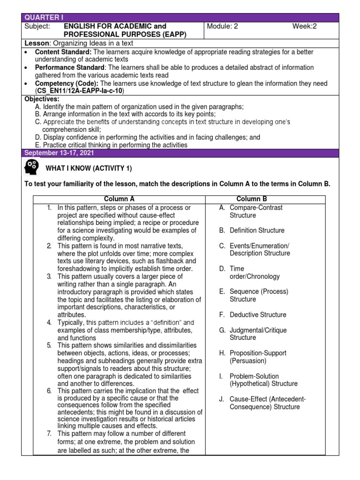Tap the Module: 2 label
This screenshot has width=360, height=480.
(x=222, y=26)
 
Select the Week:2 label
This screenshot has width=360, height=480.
(x=305, y=26)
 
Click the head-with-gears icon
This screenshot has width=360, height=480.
(x=32, y=168)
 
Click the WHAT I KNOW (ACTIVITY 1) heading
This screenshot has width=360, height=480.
(x=89, y=168)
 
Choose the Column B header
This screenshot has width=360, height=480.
(x=252, y=199)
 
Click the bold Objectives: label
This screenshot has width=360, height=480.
(x=42, y=99)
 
